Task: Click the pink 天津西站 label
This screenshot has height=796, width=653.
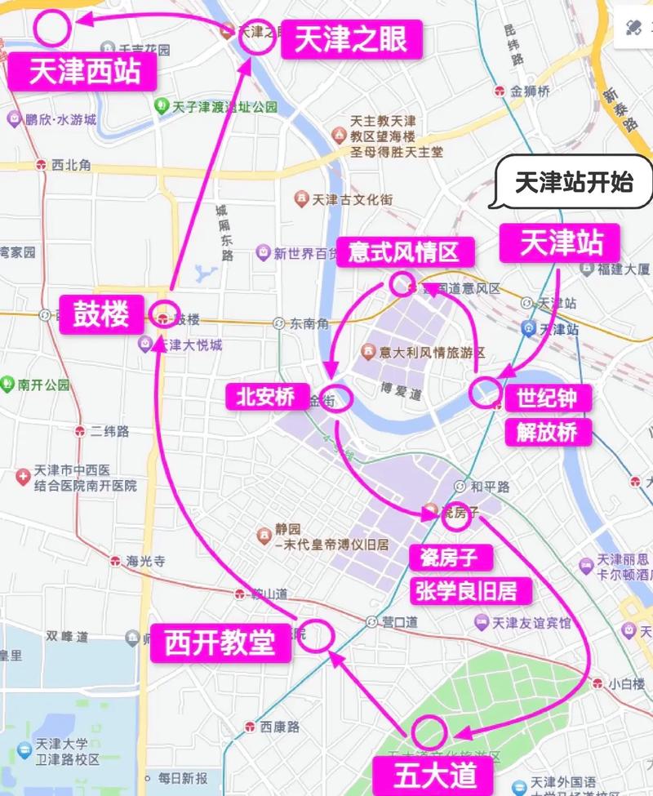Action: pyautogui.click(x=85, y=72)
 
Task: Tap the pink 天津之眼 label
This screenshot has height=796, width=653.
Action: pyautogui.click(x=351, y=39)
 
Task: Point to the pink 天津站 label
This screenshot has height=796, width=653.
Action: pyautogui.click(x=562, y=242)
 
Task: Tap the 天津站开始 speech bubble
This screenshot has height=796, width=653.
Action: pyautogui.click(x=574, y=181)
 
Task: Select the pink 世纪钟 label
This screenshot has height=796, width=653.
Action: pyautogui.click(x=553, y=398)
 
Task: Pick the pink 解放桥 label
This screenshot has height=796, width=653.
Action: pyautogui.click(x=553, y=432)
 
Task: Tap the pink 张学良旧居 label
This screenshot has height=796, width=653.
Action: pyautogui.click(x=473, y=590)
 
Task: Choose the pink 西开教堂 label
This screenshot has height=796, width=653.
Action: pyautogui.click(x=219, y=643)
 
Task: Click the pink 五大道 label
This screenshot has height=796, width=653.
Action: pyautogui.click(x=424, y=772)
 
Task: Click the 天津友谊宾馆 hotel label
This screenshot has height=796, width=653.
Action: pyautogui.click(x=531, y=622)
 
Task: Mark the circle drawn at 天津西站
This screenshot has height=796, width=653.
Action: pyautogui.click(x=52, y=28)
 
